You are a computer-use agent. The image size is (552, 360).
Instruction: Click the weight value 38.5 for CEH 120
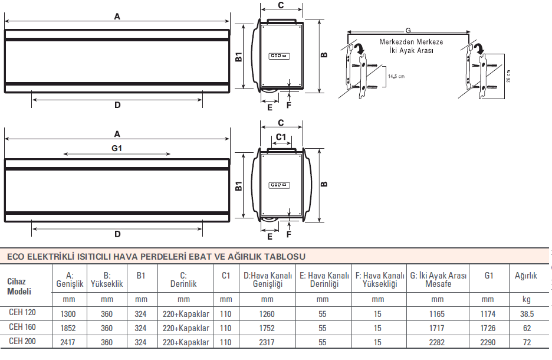tap(527, 314)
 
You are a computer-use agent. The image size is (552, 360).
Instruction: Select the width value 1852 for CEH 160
tap(68, 328)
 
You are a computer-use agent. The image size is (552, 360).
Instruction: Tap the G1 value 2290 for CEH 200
tap(488, 342)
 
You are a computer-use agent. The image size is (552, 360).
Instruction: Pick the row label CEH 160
tap(22, 327)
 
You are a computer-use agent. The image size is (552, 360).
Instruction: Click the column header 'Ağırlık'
tap(526, 276)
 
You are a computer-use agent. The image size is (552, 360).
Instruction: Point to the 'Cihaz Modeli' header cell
tap(19, 286)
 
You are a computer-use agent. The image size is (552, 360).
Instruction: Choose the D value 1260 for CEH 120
tap(267, 314)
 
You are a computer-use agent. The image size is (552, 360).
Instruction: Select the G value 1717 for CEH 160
tap(436, 328)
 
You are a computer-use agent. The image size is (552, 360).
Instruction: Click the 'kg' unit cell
tap(526, 299)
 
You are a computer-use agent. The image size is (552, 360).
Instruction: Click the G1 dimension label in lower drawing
tap(117, 148)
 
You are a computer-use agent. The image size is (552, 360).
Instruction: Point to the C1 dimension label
tap(281, 137)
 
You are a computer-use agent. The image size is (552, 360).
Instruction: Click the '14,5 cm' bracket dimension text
tap(396, 76)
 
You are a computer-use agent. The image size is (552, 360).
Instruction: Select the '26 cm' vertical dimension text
tap(508, 76)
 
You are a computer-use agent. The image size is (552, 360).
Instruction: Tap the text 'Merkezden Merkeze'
tap(411, 42)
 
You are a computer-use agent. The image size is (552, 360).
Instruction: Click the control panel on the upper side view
tap(279, 56)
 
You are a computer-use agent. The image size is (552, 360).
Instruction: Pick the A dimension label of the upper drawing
tap(117, 16)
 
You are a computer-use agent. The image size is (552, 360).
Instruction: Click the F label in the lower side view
tap(288, 235)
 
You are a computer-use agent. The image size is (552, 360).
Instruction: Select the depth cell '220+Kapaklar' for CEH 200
tap(186, 342)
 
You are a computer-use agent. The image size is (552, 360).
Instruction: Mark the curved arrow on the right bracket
tap(479, 48)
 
